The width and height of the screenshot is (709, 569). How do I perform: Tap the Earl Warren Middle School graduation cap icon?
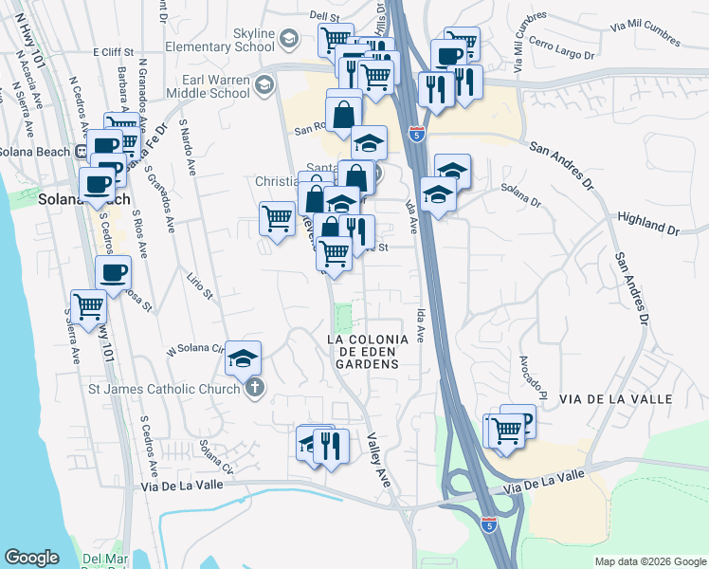264,86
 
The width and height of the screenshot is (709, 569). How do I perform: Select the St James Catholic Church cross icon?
254,389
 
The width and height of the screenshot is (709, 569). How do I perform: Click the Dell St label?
324,16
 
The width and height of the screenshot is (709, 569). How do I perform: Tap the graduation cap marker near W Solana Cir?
243,358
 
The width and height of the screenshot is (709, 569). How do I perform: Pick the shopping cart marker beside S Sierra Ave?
87,306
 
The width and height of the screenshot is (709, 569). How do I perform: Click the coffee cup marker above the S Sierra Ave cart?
113,272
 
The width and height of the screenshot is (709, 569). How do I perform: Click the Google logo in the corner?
31,558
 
